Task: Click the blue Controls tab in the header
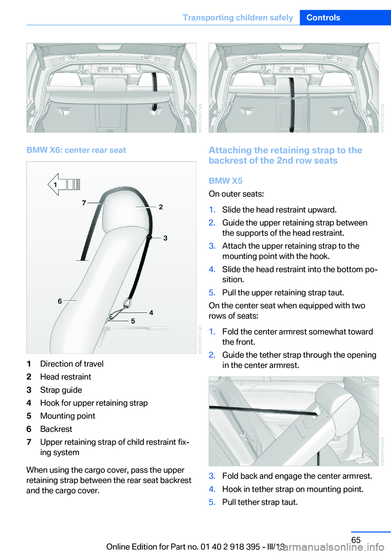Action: click(323, 17)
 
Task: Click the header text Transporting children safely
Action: click(237, 17)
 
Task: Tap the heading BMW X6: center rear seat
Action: click(76, 150)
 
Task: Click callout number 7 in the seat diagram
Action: click(84, 203)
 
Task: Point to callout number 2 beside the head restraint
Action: click(161, 207)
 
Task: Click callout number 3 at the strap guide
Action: click(165, 238)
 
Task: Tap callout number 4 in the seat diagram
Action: click(151, 313)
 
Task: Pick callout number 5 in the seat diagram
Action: click(133, 321)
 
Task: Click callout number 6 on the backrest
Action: click(60, 301)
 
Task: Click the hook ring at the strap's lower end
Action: click(127, 303)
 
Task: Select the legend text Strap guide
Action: click(61, 390)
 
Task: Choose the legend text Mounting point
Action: click(68, 416)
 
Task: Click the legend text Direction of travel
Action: click(72, 364)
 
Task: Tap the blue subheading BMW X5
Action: click(225, 181)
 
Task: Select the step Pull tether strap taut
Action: click(260, 502)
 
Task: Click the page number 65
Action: click(356, 540)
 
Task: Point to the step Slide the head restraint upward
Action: click(279, 210)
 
